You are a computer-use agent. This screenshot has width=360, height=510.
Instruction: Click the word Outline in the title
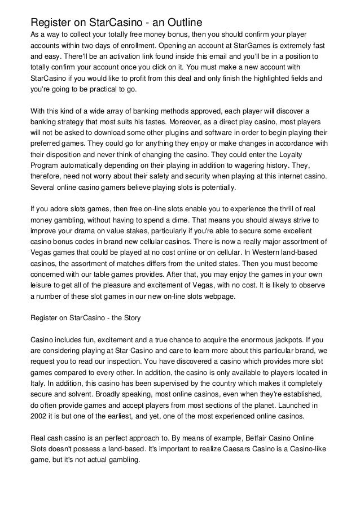[182, 22]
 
